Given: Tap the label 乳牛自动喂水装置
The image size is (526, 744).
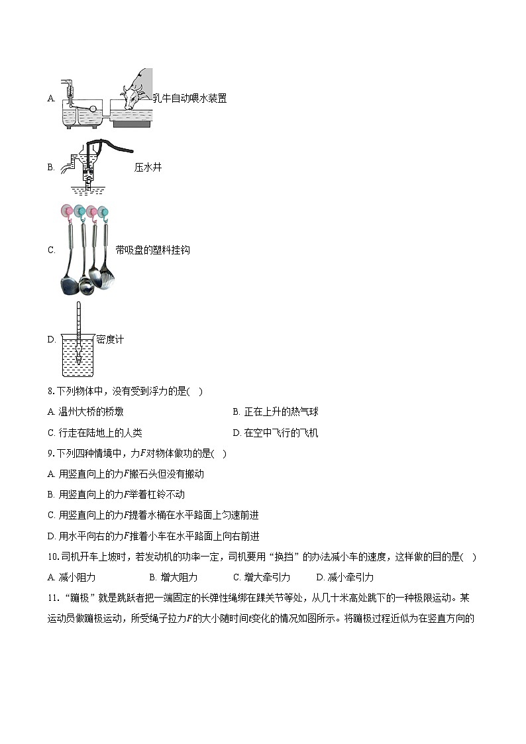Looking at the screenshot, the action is [x=189, y=98].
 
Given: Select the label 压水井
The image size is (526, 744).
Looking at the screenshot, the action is [x=148, y=167].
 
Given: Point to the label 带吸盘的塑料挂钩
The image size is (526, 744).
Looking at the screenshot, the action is [x=152, y=250].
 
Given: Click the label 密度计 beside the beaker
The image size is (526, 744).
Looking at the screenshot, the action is [x=110, y=339].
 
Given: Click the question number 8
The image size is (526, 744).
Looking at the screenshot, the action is [x=51, y=391].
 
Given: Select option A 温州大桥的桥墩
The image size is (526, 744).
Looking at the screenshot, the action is [x=85, y=411].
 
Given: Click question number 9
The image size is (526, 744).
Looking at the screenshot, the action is [x=51, y=453].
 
